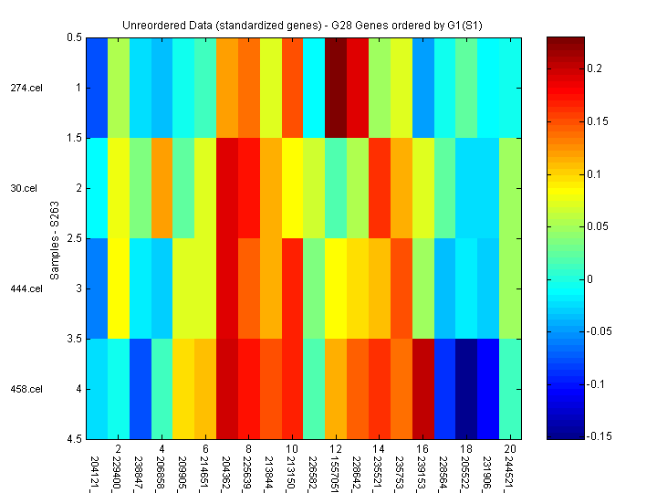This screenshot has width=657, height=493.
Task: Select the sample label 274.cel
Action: tap(26, 88)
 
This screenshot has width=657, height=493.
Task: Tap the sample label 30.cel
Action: tap(25, 188)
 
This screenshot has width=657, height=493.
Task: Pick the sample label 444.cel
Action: tap(26, 288)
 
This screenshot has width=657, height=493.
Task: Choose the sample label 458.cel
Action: tap(26, 389)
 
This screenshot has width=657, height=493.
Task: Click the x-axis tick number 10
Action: tap(292, 449)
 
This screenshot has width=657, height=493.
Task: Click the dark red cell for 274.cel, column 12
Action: tap(336, 88)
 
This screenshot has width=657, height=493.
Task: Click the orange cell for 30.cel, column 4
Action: tap(162, 188)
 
